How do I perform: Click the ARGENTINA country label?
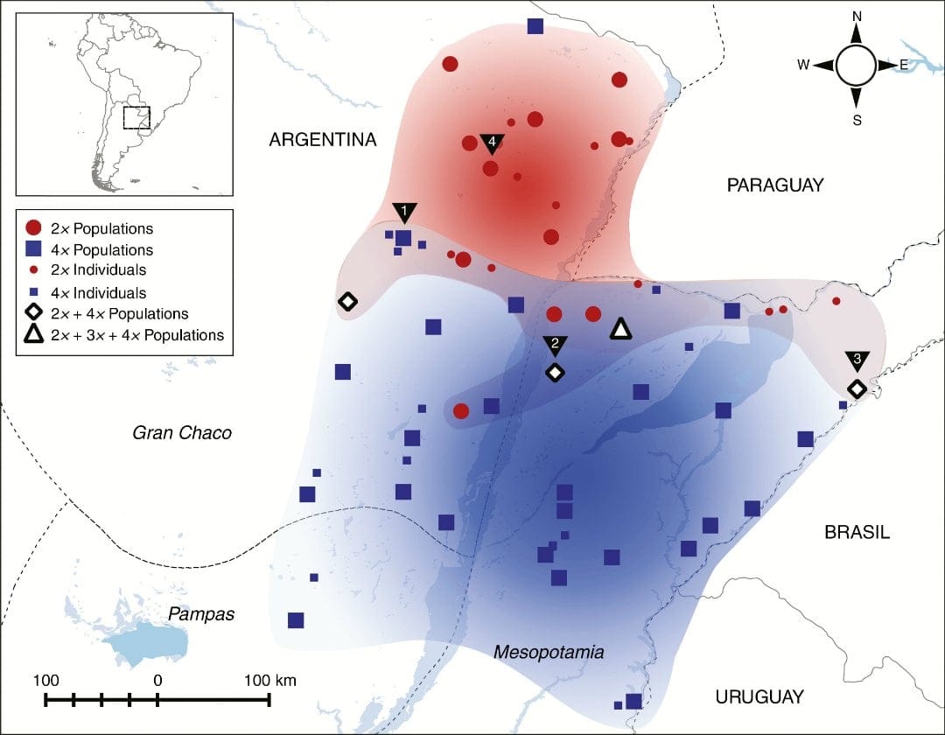pyautogui.click(x=322, y=140)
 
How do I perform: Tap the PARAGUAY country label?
pyautogui.click(x=775, y=185)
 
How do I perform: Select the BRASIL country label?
pyautogui.click(x=857, y=532)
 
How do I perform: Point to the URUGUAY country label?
pyautogui.click(x=759, y=696)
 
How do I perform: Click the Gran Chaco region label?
pyautogui.click(x=182, y=432)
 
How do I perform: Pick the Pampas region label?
pyautogui.click(x=202, y=613)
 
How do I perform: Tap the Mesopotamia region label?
pyautogui.click(x=549, y=652)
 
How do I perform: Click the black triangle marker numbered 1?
pyautogui.click(x=404, y=213)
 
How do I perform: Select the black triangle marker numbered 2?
pyautogui.click(x=554, y=344)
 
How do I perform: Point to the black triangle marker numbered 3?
pyautogui.click(x=857, y=360)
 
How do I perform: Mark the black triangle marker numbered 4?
pyautogui.click(x=492, y=142)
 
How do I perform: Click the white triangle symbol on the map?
pyautogui.click(x=620, y=329)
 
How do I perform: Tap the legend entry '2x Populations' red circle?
pyautogui.click(x=34, y=229)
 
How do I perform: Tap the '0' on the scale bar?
pyautogui.click(x=157, y=680)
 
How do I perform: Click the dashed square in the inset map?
pyautogui.click(x=136, y=117)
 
